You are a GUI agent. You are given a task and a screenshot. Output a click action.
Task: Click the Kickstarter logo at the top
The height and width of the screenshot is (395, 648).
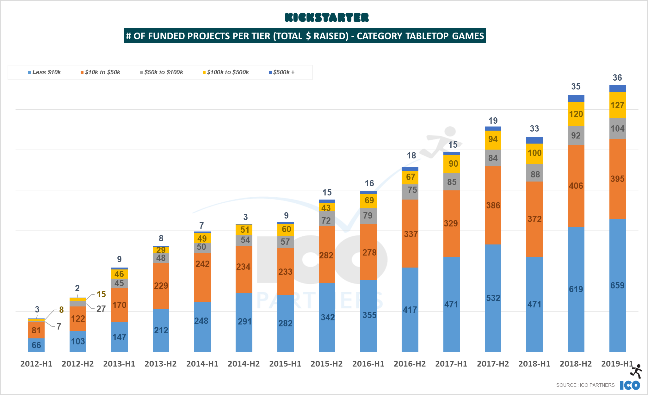[x=327, y=17]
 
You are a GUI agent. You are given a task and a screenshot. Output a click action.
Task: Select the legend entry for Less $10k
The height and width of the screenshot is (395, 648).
[x=45, y=72]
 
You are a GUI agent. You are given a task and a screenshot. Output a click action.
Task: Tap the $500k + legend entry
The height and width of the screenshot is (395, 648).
[x=282, y=72]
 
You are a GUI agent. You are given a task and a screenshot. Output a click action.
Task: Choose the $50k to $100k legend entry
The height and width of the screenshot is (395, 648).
[x=162, y=72]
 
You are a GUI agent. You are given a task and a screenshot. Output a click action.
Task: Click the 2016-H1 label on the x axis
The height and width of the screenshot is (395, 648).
[x=368, y=364]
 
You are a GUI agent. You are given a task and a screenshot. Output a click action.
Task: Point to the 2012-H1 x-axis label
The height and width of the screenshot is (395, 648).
[x=36, y=364]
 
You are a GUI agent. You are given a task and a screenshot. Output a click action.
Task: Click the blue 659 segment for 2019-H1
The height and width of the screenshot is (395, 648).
[x=617, y=285]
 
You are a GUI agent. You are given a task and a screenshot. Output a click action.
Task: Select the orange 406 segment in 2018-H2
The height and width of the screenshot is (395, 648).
[x=576, y=186]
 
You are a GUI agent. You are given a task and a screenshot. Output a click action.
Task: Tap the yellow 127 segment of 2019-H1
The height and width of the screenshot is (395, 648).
[x=617, y=105]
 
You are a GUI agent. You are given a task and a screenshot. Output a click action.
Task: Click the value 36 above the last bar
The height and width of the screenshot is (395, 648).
[x=617, y=78]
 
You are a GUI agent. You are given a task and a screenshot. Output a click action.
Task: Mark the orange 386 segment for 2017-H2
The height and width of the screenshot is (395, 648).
[x=493, y=205]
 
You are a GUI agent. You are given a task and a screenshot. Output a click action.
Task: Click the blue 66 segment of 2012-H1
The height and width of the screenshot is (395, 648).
[x=36, y=345]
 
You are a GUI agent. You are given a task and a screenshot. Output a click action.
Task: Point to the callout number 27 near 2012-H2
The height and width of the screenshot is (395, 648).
[x=101, y=309]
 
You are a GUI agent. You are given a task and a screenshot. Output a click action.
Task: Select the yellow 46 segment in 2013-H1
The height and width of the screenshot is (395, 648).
[x=119, y=274]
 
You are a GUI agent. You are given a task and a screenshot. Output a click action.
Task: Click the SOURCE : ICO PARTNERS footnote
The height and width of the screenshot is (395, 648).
[x=585, y=385]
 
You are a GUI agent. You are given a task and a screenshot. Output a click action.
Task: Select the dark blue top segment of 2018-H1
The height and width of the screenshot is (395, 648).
[x=534, y=140]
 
